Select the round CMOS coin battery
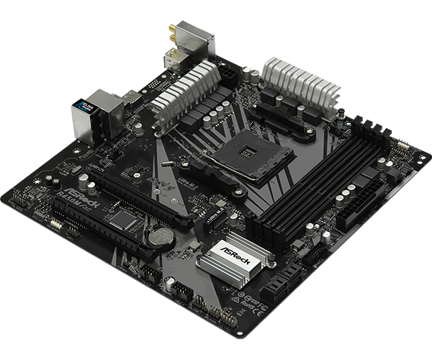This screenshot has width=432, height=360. pos(158,235)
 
